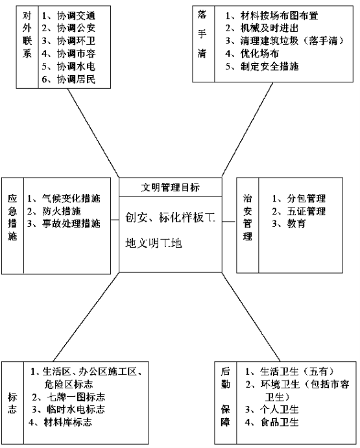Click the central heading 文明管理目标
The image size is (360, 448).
click(x=170, y=187)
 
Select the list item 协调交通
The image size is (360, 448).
click(x=76, y=16)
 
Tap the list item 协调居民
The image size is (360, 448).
click(x=76, y=79)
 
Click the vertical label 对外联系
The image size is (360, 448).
click(x=27, y=34)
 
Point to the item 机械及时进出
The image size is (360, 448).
click(x=269, y=28)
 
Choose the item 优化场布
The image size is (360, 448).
click(x=259, y=53)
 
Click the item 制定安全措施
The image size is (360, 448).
click(x=269, y=66)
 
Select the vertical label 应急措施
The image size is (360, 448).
click(x=12, y=217)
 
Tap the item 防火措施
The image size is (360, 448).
click(x=62, y=211)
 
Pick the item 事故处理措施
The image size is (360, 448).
click(x=71, y=224)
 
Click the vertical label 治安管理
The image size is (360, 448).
click(x=248, y=217)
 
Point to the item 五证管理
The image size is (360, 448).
click(x=306, y=211)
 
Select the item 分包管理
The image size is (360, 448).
click(x=306, y=198)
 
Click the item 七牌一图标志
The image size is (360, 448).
click(x=76, y=397)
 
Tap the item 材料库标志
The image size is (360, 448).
click(x=67, y=422)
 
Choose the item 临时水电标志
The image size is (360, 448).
click(x=76, y=409)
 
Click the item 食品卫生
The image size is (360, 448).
click(x=280, y=422)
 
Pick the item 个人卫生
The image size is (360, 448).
click(x=280, y=409)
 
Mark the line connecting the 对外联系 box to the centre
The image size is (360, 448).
click(x=93, y=133)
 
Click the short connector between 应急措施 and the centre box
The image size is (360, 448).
click(x=115, y=220)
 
